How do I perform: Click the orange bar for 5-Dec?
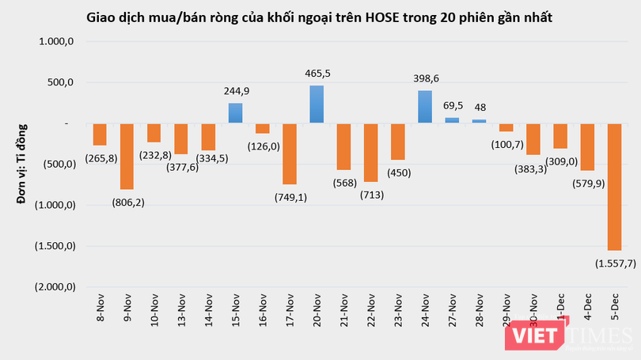614,186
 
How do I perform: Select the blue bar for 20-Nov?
317,104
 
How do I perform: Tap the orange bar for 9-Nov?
127,156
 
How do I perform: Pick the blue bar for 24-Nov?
425,107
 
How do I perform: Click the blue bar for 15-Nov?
235,113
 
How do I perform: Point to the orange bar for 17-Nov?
290,153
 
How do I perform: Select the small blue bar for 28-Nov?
479,121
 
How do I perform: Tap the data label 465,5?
317,73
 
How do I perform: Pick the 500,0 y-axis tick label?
61,82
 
